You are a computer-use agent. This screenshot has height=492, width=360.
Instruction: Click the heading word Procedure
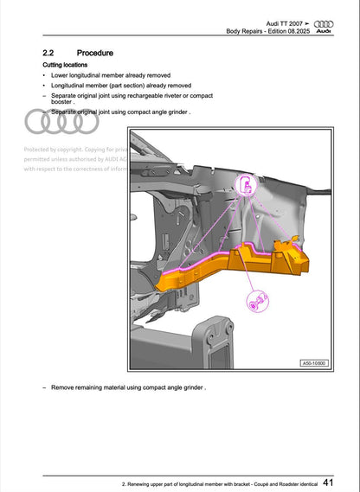(95, 54)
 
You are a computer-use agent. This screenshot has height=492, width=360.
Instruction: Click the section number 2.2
(51, 54)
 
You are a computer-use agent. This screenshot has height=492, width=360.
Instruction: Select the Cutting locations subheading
(65, 66)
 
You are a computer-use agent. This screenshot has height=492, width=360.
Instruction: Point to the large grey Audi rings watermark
(62, 122)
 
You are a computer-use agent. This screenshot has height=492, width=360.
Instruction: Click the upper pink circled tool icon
(247, 183)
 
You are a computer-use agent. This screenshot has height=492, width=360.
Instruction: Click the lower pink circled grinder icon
(257, 300)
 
